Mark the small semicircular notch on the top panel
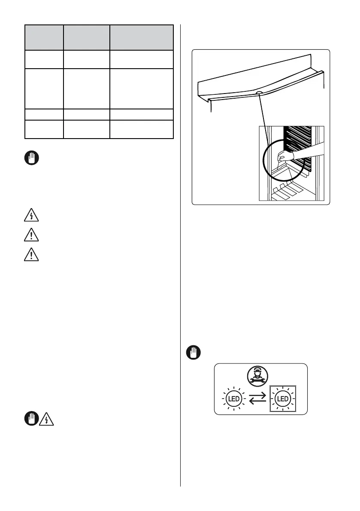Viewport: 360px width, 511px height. pyautogui.click(x=259, y=92)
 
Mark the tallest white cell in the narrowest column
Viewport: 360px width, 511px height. pyautogui.click(x=44, y=88)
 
